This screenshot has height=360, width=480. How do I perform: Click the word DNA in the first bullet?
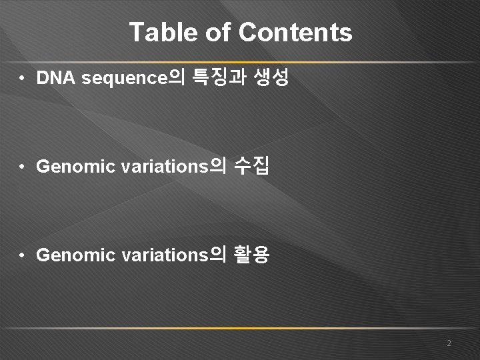pos(57,79)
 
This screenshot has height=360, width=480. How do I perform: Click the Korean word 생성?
pos(271,78)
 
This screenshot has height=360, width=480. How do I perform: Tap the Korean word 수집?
pos(252,166)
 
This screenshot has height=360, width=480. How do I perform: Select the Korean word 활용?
pos(252,255)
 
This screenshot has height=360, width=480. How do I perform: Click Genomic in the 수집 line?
pos(76,167)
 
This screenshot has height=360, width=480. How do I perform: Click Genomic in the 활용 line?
pos(76,255)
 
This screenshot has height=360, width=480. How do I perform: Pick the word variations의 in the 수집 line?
pos(173,167)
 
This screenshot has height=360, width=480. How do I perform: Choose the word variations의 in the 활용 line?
pos(173,255)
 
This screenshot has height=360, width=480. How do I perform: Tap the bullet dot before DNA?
pos(23,79)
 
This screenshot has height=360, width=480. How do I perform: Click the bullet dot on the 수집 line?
pos(23,167)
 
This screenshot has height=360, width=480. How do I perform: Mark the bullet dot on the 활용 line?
pos(23,255)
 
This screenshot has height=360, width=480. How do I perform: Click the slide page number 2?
pos(449,343)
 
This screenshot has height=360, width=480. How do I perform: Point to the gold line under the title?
pos(240,62)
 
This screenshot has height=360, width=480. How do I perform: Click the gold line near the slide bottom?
pos(240,329)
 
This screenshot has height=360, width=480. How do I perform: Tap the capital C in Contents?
pos(247,33)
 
